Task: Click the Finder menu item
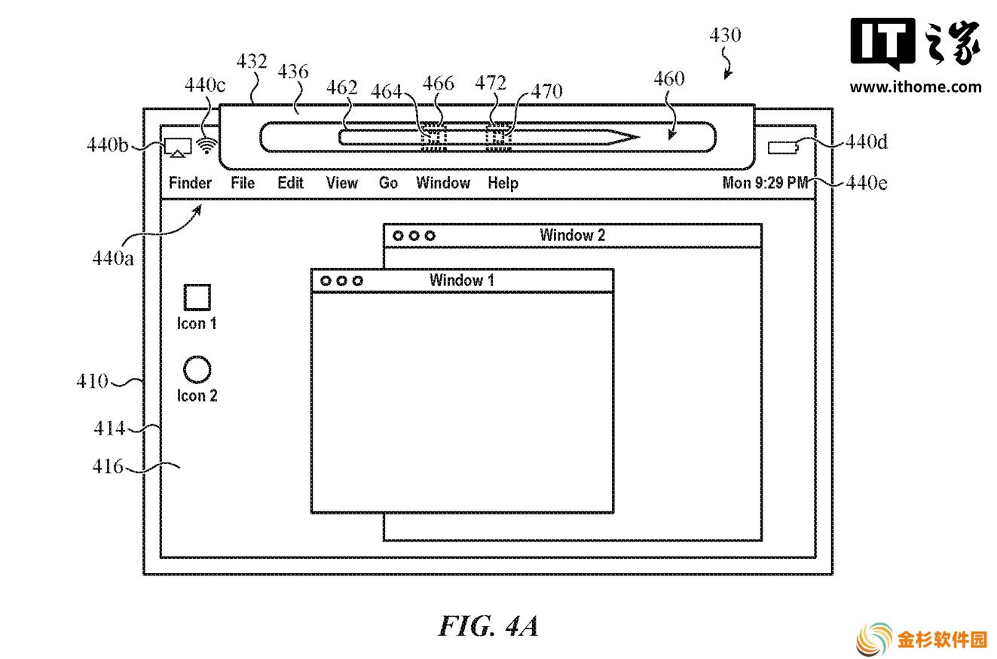[x=190, y=183]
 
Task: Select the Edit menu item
[x=291, y=183]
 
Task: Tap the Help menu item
[x=503, y=183]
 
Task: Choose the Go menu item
[x=388, y=183]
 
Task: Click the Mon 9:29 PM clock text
[x=765, y=183]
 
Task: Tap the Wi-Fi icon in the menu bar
[x=206, y=145]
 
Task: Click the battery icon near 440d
[x=783, y=148]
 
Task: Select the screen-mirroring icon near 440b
[x=178, y=148]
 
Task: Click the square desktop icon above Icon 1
[x=197, y=297]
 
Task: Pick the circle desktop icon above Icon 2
[x=197, y=369]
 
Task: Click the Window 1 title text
[x=461, y=280]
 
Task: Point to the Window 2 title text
[x=573, y=235]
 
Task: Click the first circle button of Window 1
[x=326, y=281]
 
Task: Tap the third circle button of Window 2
[x=430, y=236]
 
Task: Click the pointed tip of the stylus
[x=639, y=137]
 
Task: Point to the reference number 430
[x=725, y=35]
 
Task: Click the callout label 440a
[x=112, y=258]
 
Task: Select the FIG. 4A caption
[x=488, y=626]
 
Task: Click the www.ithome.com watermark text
[x=916, y=87]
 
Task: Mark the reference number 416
[x=108, y=466]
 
